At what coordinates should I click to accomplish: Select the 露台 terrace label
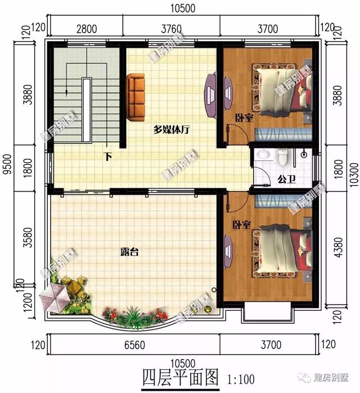coord(130,253)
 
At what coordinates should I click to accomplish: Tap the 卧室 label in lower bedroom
coord(241,225)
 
